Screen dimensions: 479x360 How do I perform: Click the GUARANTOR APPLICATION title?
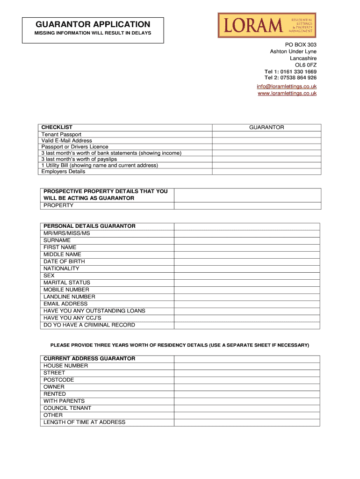(x=93, y=24)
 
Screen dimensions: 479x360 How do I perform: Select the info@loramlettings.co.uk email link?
(x=287, y=87)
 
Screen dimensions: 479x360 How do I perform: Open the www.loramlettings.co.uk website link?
(x=287, y=94)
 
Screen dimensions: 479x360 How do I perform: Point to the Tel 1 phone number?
(x=290, y=72)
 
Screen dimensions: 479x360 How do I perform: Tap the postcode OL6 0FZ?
(x=305, y=65)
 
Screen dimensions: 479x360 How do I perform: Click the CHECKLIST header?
(x=57, y=127)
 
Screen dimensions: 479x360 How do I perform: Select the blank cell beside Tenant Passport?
(x=266, y=134)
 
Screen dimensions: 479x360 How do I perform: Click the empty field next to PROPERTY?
(x=247, y=205)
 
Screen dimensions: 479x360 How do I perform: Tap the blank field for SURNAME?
(x=247, y=240)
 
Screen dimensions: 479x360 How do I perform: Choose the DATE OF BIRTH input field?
(x=247, y=261)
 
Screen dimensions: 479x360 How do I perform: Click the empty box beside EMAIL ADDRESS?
(x=247, y=304)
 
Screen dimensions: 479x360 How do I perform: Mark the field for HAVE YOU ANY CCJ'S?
(x=247, y=318)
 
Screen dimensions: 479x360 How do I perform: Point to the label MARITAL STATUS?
(x=67, y=283)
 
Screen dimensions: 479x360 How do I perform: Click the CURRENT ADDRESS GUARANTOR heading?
(x=89, y=359)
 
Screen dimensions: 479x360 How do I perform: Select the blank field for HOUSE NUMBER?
(x=247, y=366)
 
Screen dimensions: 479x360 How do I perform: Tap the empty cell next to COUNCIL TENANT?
(x=247, y=408)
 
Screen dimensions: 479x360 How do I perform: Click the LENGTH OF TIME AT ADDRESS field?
(x=247, y=422)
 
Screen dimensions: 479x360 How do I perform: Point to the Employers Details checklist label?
(x=64, y=171)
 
